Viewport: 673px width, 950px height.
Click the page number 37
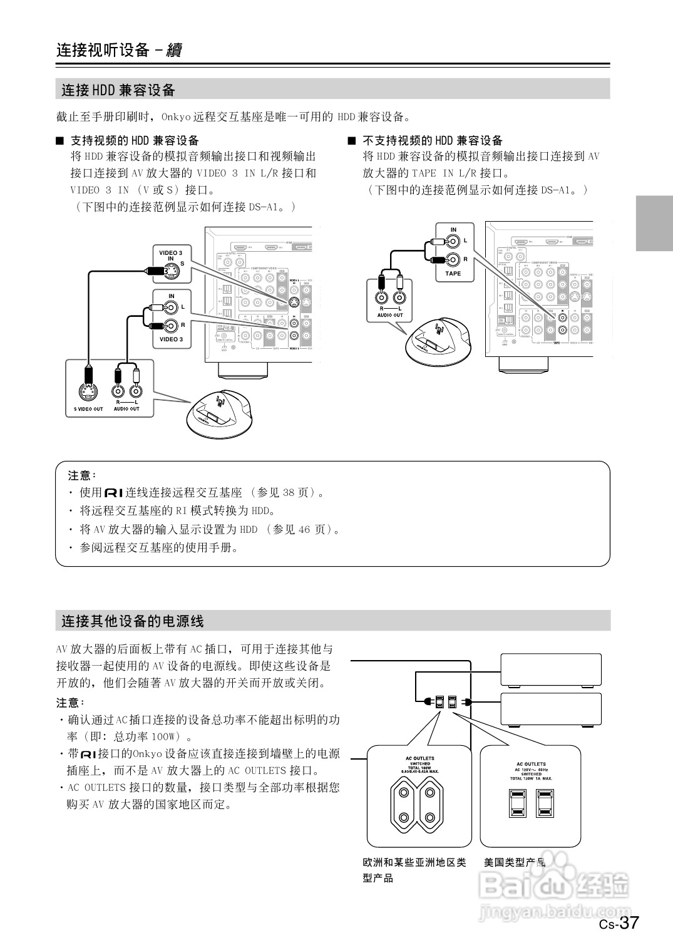click(629, 922)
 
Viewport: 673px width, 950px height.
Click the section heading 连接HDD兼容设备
click(118, 90)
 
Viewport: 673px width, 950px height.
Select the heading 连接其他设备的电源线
click(133, 621)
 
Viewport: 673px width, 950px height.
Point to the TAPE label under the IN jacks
click(453, 274)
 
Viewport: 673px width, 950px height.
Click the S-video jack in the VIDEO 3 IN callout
click(170, 271)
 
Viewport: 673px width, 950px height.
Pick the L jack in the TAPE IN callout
click(453, 240)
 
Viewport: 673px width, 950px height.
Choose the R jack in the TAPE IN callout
click(453, 259)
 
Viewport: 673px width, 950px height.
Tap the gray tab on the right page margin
click(654, 223)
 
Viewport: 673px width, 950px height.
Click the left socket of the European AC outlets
click(404, 805)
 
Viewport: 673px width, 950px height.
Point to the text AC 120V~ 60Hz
click(531, 769)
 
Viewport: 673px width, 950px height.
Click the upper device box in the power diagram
click(551, 670)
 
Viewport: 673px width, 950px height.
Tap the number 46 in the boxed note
click(304, 529)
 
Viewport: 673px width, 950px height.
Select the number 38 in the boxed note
click(289, 493)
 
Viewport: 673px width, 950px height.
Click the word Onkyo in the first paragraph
click(176, 116)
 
